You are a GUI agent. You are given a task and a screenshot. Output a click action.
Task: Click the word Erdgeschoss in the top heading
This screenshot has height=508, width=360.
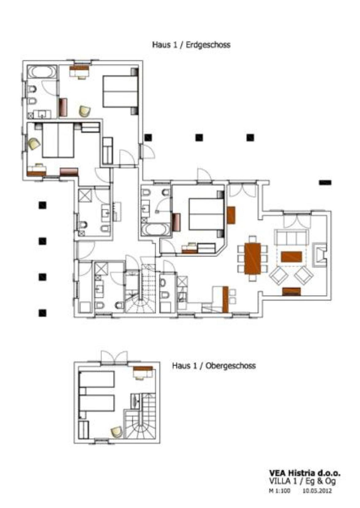[208, 45]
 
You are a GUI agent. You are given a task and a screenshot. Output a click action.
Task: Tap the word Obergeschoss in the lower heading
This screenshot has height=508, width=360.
[231, 366]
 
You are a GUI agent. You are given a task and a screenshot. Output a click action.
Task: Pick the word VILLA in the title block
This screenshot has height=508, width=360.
[280, 481]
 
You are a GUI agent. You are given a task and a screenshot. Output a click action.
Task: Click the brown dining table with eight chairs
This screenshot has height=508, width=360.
[252, 259]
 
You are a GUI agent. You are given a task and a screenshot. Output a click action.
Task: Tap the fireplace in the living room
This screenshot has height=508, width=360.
[320, 254]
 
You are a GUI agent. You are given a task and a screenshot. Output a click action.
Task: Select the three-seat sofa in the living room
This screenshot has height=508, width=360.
[292, 237]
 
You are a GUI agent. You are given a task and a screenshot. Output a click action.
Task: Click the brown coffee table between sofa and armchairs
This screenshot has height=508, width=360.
[292, 257]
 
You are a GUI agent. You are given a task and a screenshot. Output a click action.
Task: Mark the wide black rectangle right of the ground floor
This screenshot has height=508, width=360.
[325, 182]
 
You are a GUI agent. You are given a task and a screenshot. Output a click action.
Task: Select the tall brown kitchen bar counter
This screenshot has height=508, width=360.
[225, 299]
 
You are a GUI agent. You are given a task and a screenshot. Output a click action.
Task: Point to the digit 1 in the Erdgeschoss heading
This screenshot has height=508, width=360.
[175, 45]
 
